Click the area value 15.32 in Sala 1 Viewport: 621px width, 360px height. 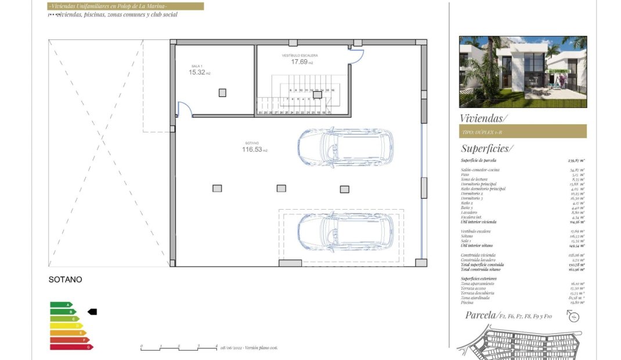[x=197, y=73]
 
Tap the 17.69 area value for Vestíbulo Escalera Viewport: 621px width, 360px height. [x=299, y=62]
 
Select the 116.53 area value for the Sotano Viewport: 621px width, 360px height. [x=251, y=150]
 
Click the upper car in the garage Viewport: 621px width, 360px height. [x=345, y=147]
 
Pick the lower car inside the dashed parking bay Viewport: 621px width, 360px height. [x=345, y=231]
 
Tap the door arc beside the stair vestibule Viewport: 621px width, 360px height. [x=356, y=56]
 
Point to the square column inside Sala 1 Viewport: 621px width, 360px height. [x=222, y=92]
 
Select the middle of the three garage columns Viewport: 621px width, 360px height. [x=281, y=188]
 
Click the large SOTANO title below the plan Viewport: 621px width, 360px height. [x=66, y=280]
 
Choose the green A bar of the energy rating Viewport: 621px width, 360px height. [x=61, y=304]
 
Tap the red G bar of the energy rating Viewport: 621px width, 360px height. [x=71, y=347]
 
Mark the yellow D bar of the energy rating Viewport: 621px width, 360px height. [x=66, y=326]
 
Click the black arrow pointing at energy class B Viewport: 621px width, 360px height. [x=92, y=312]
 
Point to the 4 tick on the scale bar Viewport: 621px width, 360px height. [x=216, y=346]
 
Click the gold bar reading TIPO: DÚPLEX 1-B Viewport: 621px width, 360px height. [x=522, y=132]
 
